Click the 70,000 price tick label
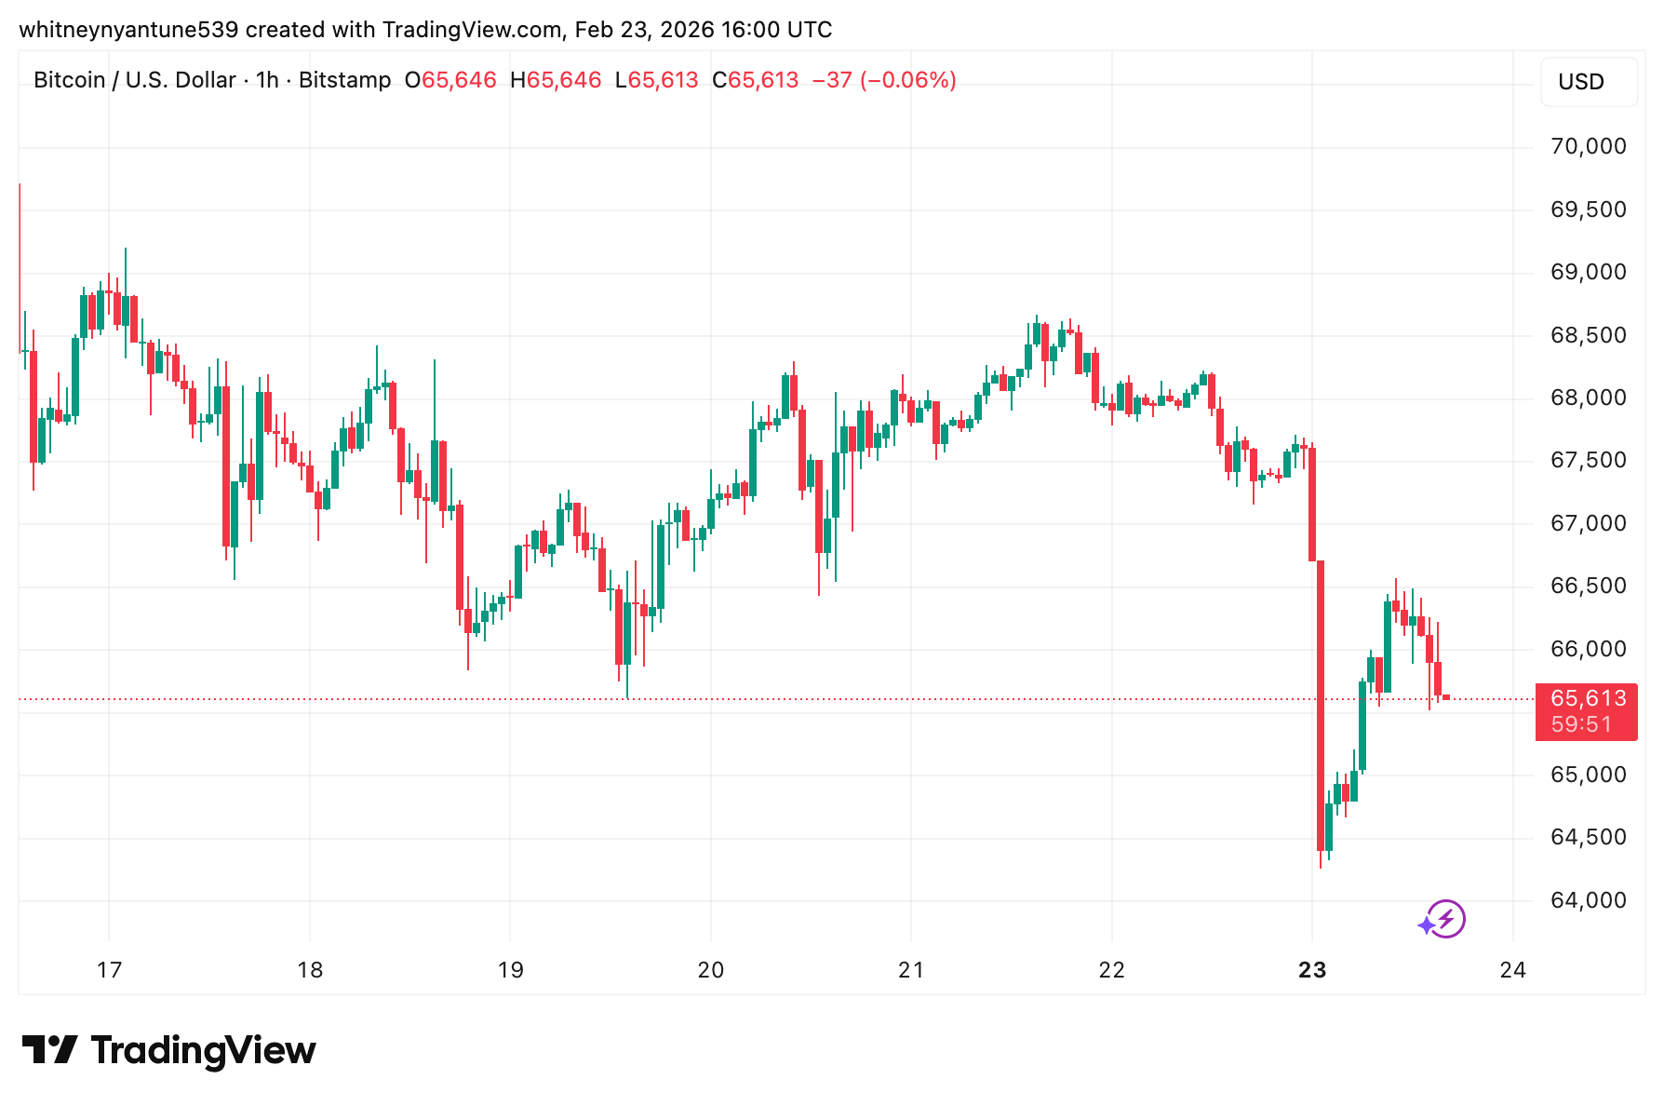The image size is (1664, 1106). (x=1588, y=146)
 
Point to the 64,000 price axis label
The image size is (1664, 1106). (x=1588, y=900)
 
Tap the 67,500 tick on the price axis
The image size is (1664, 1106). (x=1588, y=460)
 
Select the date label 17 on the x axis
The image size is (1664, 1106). (x=109, y=970)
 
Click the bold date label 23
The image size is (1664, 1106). (x=1311, y=970)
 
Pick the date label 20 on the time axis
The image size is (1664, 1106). (x=710, y=970)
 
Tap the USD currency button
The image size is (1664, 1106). (x=1588, y=82)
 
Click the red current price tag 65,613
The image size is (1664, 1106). (x=1588, y=698)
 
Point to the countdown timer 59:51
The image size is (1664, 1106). (x=1581, y=724)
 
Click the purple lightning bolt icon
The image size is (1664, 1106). (x=1445, y=920)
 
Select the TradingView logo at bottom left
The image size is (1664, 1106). (x=169, y=1050)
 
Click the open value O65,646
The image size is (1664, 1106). (x=450, y=80)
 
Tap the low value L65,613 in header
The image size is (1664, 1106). (x=656, y=80)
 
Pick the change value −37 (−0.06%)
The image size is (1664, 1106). (x=884, y=80)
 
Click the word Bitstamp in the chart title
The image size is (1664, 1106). (x=344, y=80)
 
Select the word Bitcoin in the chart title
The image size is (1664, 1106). (x=70, y=80)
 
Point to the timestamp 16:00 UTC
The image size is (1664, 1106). (x=776, y=30)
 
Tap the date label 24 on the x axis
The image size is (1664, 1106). (x=1512, y=970)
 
